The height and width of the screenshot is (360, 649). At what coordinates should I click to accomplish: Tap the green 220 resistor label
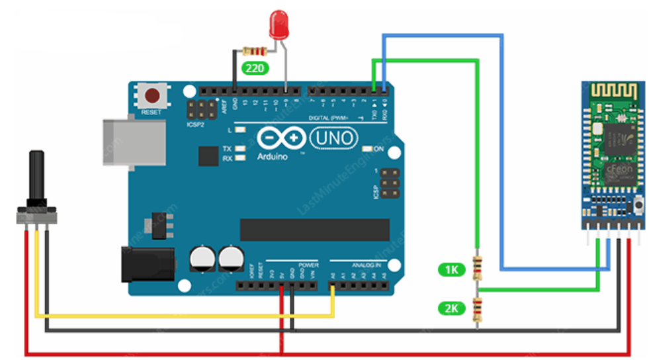click(253, 67)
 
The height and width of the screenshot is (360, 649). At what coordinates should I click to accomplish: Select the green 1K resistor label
click(451, 269)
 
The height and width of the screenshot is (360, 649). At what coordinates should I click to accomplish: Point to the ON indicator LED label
click(379, 149)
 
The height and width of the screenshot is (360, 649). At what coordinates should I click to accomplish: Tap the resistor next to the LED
click(255, 51)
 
